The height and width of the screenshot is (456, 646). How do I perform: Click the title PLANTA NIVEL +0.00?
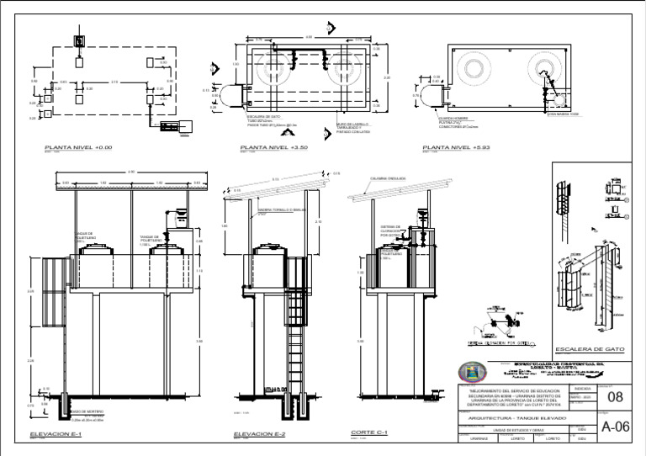tap(78, 147)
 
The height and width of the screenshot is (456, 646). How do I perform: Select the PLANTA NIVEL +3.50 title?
tap(275, 147)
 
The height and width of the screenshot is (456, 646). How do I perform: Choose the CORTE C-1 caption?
tap(369, 432)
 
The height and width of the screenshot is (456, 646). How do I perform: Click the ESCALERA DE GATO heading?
tap(590, 348)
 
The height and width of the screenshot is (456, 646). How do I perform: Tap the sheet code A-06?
tap(616, 427)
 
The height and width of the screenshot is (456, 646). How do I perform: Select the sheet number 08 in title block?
tap(615, 396)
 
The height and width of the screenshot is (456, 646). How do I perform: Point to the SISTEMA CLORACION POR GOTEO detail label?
tap(504, 343)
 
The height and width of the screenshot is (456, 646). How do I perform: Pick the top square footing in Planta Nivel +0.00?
tap(79, 40)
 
